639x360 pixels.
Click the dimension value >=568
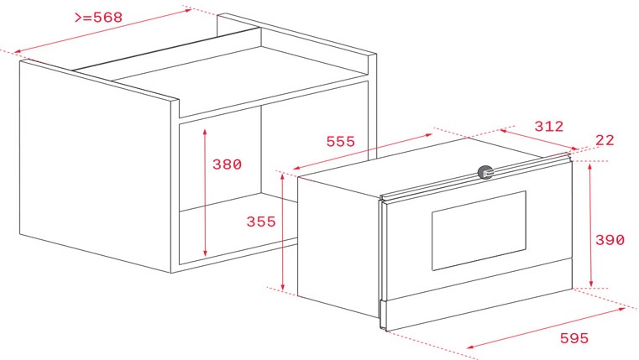[99, 18]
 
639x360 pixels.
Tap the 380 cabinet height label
[227, 164]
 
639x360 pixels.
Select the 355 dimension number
[261, 222]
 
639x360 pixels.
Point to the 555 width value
[340, 142]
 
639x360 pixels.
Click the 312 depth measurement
[549, 126]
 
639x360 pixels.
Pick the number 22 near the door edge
[605, 140]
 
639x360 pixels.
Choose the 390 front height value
[610, 240]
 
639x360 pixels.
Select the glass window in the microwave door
[479, 230]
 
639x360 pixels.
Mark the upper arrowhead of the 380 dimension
[205, 130]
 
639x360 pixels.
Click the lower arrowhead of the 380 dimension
[205, 253]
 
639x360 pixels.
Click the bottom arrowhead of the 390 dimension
[593, 284]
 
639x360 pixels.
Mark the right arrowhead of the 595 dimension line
[622, 309]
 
